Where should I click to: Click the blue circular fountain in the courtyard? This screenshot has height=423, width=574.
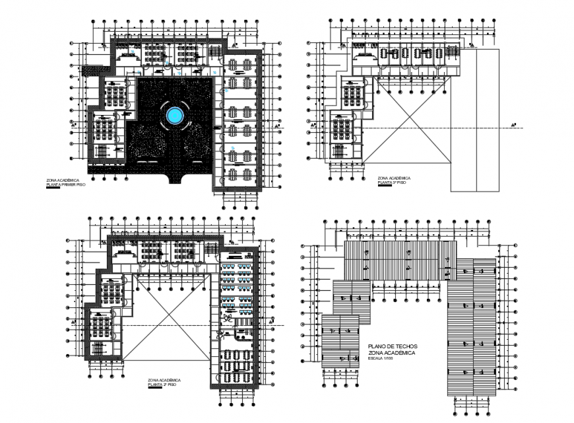(174, 116)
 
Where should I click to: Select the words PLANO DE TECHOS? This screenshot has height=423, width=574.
(395, 346)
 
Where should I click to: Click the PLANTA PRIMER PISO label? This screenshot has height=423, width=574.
(65, 185)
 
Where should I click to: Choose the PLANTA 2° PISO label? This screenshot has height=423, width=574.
(164, 385)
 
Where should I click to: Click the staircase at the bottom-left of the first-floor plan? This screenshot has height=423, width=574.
(99, 151)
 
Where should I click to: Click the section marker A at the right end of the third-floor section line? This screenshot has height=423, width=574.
(513, 125)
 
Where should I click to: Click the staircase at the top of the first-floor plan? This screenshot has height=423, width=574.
(215, 53)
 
